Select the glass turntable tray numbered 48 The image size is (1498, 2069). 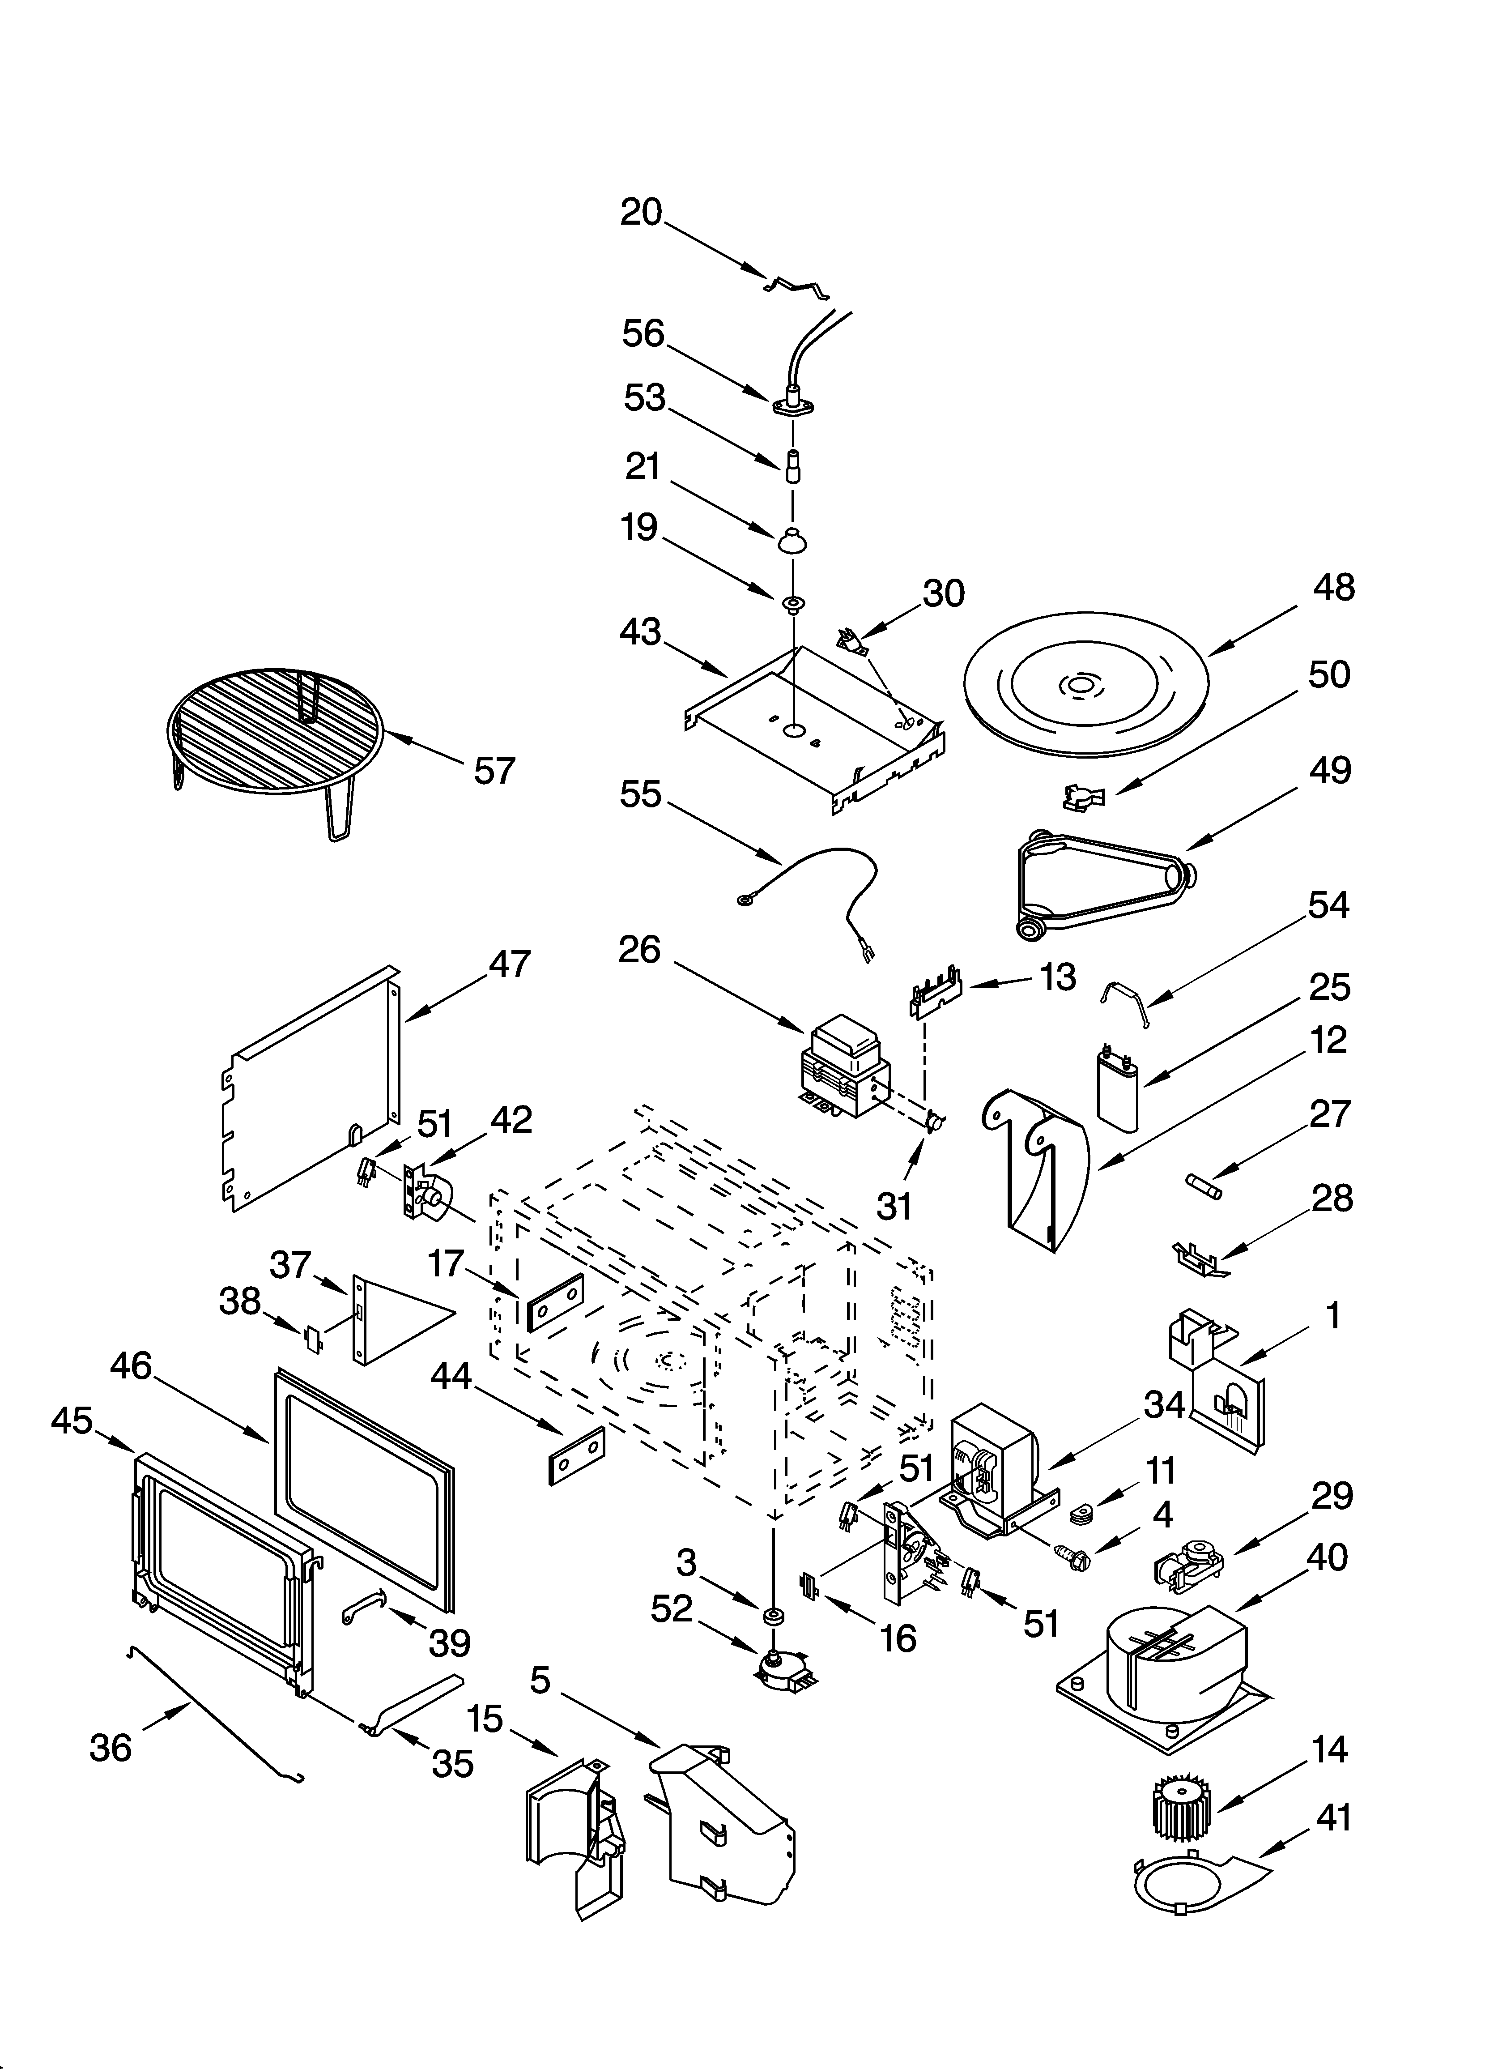[x=1085, y=684]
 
